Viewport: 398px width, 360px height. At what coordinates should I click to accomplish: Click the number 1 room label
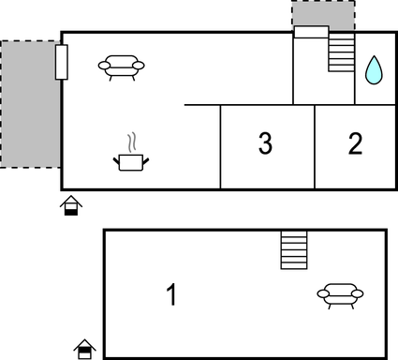click(x=171, y=295)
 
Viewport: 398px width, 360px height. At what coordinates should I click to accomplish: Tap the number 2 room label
click(x=355, y=144)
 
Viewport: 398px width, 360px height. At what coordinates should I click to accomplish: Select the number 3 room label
click(x=265, y=144)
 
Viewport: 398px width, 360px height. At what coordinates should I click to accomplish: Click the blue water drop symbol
click(x=374, y=69)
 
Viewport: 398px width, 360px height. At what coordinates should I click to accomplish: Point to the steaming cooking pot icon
click(x=131, y=161)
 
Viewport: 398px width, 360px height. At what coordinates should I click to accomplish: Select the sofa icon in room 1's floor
click(x=340, y=295)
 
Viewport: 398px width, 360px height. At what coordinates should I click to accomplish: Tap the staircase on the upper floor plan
click(x=342, y=53)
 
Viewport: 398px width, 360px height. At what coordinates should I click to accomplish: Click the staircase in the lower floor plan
click(x=294, y=249)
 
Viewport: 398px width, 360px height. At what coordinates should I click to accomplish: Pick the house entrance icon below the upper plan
click(x=71, y=205)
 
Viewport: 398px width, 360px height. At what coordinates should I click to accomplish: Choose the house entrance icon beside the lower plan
click(x=85, y=349)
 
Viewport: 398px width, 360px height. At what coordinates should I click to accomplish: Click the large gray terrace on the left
click(x=28, y=103)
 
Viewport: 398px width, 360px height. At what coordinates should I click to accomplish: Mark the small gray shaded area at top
click(x=323, y=14)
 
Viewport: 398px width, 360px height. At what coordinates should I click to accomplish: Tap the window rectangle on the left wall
click(x=62, y=62)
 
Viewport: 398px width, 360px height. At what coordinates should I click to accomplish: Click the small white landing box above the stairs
click(x=312, y=33)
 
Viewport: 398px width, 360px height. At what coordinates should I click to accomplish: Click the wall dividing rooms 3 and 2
click(x=315, y=145)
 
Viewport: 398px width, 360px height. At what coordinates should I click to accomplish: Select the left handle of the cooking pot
click(x=117, y=161)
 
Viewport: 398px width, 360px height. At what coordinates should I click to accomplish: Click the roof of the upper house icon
click(x=71, y=200)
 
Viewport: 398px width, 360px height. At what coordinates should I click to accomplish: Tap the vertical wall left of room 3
click(x=221, y=145)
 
